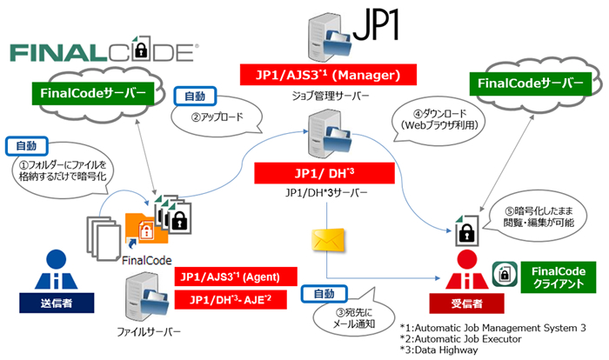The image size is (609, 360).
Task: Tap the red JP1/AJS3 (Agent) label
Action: click(229, 277)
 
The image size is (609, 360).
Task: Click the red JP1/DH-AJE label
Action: click(229, 301)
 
